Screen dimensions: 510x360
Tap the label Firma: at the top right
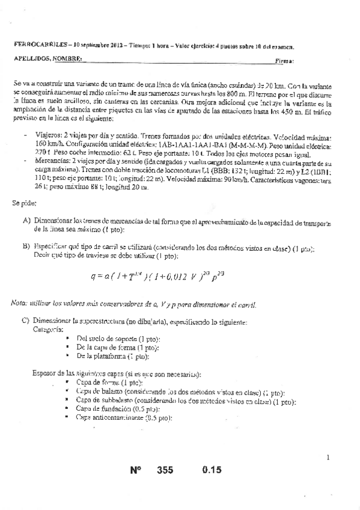pos(284,61)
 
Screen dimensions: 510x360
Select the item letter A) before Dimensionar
pos(27,221)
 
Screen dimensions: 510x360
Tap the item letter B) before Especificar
pos(27,247)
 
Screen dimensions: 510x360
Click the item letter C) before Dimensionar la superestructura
pos(27,321)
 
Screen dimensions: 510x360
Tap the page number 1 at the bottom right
pos(328,458)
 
